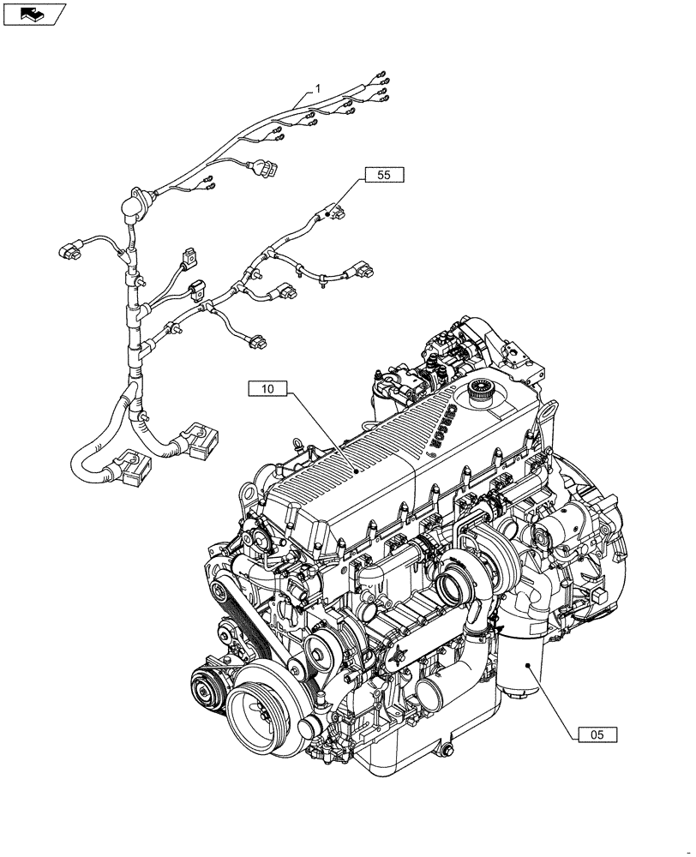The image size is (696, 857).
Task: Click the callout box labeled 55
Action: (x=383, y=175)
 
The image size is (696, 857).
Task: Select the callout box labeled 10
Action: (x=267, y=389)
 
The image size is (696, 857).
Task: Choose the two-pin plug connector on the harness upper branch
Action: (x=257, y=169)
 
